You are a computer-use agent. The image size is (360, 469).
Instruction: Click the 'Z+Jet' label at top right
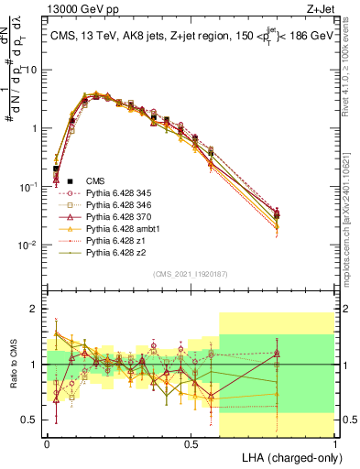[321, 10]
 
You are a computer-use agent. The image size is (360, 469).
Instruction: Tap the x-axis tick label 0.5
[191, 443]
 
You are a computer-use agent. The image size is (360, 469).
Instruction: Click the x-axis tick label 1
[335, 443]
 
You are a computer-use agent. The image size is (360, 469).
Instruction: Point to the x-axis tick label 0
[47, 443]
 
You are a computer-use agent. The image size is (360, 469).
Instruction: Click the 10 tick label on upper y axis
[33, 71]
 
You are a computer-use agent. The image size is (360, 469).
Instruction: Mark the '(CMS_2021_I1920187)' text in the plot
[191, 273]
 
